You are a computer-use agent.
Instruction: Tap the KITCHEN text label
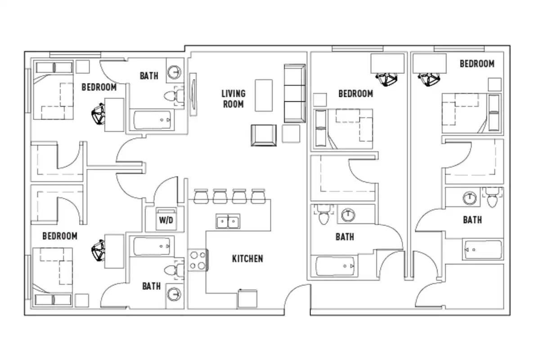pyautogui.click(x=247, y=259)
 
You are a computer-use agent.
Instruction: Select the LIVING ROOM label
pyautogui.click(x=233, y=99)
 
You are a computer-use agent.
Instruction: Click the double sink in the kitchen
pyautogui.click(x=228, y=221)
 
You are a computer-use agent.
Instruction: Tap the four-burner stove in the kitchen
pyautogui.click(x=197, y=260)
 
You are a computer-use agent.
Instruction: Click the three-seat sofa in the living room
pyautogui.click(x=295, y=93)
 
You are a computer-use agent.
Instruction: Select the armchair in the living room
pyautogui.click(x=264, y=135)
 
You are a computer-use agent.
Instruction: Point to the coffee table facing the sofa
pyautogui.click(x=264, y=95)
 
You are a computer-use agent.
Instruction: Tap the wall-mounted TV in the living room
pyautogui.click(x=193, y=94)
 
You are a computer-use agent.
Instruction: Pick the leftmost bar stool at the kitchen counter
pyautogui.click(x=200, y=196)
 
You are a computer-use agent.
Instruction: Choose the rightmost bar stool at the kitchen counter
pyautogui.click(x=258, y=196)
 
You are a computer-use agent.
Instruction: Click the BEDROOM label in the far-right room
pyautogui.click(x=477, y=64)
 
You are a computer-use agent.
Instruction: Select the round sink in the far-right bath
pyautogui.click(x=470, y=198)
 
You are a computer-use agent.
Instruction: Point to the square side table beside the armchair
pyautogui.click(x=291, y=134)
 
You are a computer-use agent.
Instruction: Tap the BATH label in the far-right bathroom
pyautogui.click(x=472, y=220)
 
